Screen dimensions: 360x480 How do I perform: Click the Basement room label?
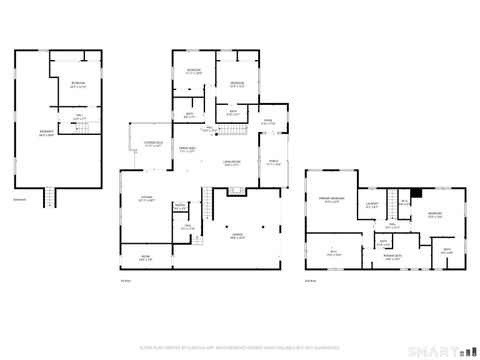pos(46,136)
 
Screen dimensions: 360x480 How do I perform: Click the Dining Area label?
pos(186,150)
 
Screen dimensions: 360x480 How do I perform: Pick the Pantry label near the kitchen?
pos(180,208)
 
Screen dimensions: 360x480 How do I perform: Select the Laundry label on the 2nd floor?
pos(373,207)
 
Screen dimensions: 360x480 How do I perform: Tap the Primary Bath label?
pos(392,257)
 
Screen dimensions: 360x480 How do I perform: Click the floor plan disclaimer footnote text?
pos(240,349)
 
